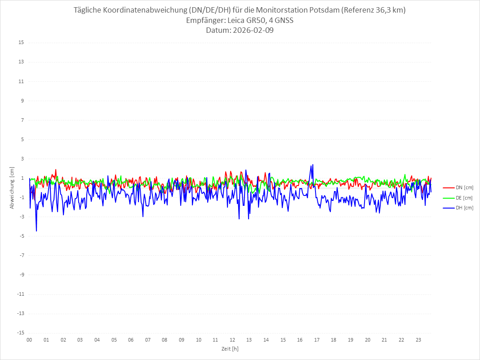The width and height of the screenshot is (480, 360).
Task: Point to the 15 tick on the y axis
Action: coord(21,43)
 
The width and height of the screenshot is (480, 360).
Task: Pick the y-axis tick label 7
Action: coord(22,120)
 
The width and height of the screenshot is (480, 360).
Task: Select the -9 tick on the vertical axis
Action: coord(21,275)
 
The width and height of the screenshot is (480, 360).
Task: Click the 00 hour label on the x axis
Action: coord(29,340)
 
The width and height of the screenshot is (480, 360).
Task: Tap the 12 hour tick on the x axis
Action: coord(232,340)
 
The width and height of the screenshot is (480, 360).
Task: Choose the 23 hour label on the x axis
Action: coord(418,340)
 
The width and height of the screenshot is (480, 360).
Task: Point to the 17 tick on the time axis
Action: coord(317,340)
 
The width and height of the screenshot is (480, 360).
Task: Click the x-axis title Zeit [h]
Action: coord(230,349)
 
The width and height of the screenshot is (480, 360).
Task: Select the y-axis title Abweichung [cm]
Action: coord(12,187)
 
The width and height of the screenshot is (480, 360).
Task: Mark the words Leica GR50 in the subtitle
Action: coord(243,21)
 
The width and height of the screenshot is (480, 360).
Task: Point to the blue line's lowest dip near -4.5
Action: coord(36,231)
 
